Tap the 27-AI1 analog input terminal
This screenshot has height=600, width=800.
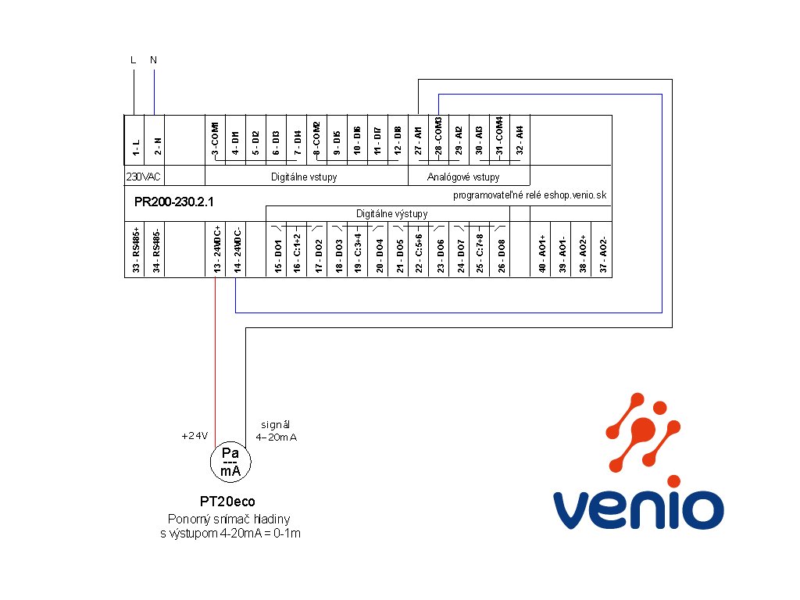[419, 141]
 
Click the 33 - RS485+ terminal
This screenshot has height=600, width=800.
[135, 249]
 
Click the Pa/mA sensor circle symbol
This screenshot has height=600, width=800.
[230, 462]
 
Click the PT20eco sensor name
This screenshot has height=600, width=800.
[227, 502]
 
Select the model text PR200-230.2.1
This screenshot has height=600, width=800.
[174, 202]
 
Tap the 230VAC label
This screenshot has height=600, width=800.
[144, 177]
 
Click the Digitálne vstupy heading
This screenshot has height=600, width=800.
[304, 177]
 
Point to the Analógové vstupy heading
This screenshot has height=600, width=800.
[463, 177]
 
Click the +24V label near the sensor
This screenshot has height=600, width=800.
[195, 436]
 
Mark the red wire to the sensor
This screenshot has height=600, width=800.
[216, 362]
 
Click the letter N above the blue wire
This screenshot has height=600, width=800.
[154, 60]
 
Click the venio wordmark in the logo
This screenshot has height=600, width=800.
[638, 509]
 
